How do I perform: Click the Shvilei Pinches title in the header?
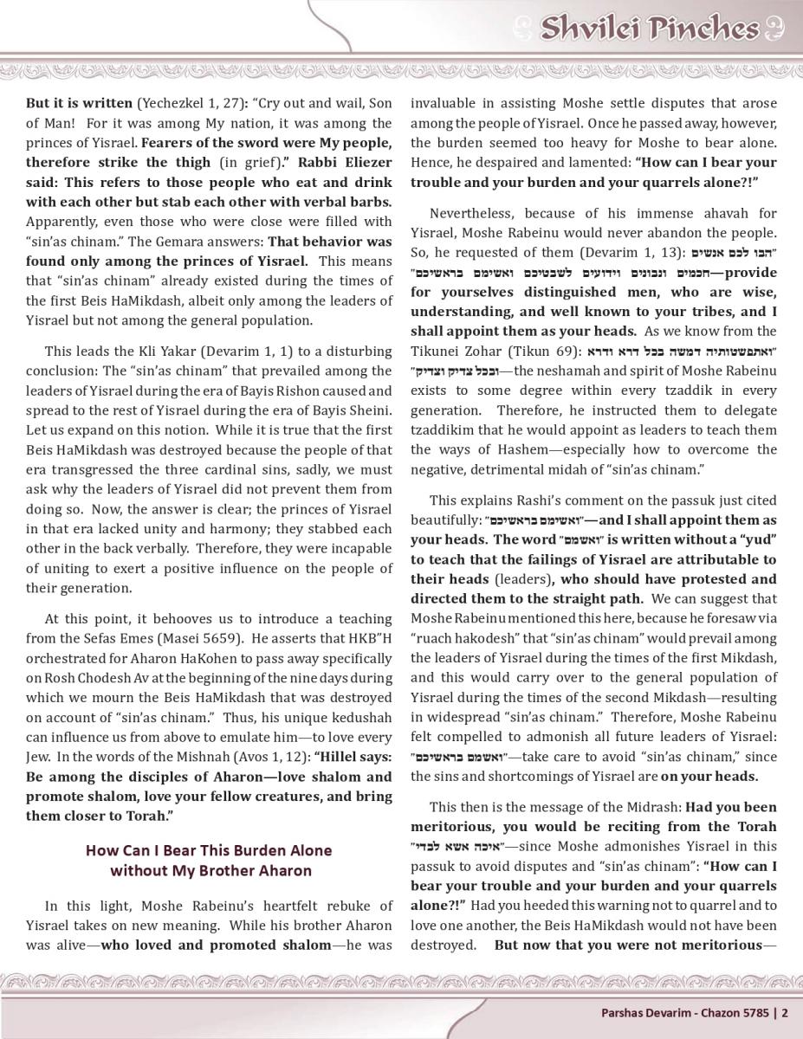tap(649, 29)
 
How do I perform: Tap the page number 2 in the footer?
tap(785, 1011)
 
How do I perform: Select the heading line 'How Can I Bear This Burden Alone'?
tap(209, 850)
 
